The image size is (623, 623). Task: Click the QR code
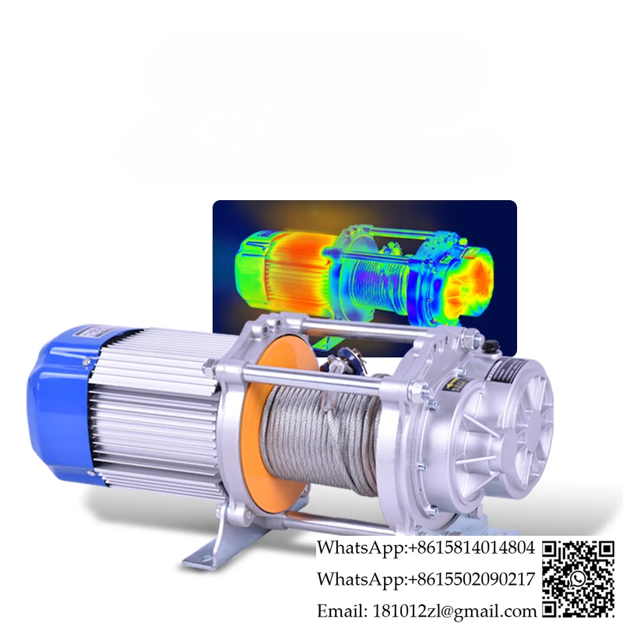(x=579, y=579)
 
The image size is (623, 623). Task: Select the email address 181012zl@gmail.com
(x=454, y=611)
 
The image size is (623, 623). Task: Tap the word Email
(x=342, y=611)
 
